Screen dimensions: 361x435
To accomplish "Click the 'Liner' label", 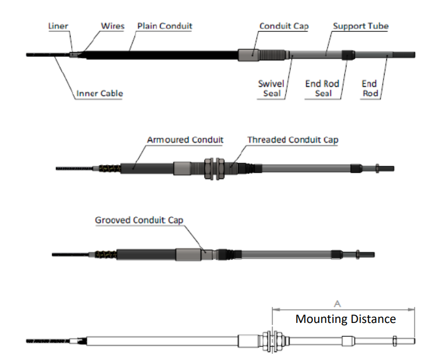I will (x=58, y=26).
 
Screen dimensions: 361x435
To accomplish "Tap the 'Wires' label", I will (x=113, y=26).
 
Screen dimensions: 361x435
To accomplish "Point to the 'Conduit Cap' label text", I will (x=284, y=26).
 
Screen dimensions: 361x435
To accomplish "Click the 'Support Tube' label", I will (x=361, y=26).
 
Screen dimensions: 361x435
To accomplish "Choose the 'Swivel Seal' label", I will (x=271, y=88).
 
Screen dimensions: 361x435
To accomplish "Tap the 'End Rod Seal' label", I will (x=322, y=88).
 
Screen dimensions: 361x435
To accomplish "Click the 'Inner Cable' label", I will (x=100, y=93).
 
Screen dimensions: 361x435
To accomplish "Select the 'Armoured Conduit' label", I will (x=185, y=139).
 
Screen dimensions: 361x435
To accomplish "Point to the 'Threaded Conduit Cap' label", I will (x=293, y=139).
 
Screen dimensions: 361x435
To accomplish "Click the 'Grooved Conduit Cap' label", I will (x=139, y=220).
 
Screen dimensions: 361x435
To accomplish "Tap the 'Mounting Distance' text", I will (x=345, y=319).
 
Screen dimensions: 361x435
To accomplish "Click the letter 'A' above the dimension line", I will (x=338, y=303).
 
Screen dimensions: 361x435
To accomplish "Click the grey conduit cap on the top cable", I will (x=249, y=55).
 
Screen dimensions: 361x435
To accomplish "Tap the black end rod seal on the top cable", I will (x=348, y=54).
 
